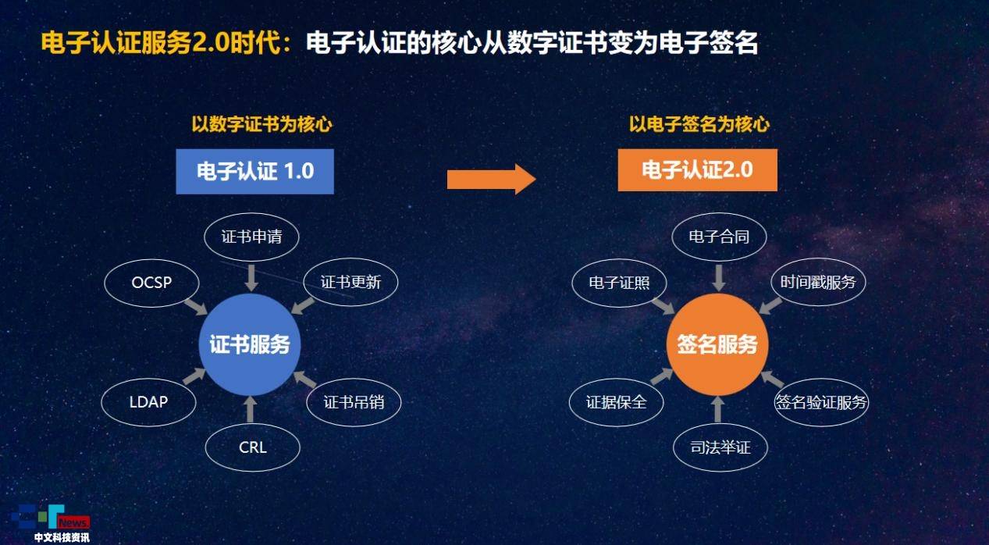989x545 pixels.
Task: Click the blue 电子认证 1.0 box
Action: (x=254, y=171)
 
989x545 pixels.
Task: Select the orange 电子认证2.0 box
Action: (x=698, y=170)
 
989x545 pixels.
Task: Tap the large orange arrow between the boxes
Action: (x=492, y=180)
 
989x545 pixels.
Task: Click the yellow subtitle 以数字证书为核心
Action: (x=261, y=124)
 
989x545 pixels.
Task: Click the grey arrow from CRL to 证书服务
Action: (x=251, y=409)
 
